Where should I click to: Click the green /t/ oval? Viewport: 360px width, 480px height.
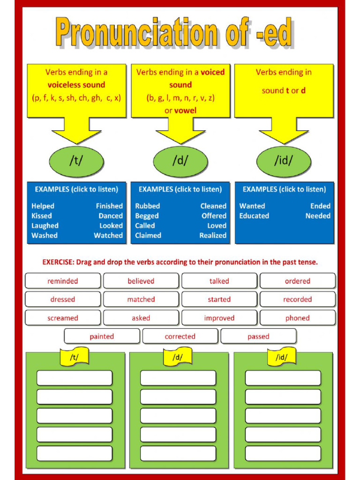pyautogui.click(x=76, y=161)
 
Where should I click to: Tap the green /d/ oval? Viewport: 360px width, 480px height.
pyautogui.click(x=180, y=161)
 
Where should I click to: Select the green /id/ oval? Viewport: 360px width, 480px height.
pyautogui.click(x=283, y=161)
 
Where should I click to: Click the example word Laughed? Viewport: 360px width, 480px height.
pyautogui.click(x=45, y=225)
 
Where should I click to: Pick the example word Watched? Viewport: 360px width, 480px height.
pyautogui.click(x=108, y=235)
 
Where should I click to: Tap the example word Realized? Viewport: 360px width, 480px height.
pyautogui.click(x=213, y=235)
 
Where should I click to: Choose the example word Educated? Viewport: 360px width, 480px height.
pyautogui.click(x=254, y=216)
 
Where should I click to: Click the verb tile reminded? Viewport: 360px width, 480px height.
pyautogui.click(x=63, y=281)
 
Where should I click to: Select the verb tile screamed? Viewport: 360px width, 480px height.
pyautogui.click(x=63, y=318)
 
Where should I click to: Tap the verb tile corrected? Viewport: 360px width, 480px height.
pyautogui.click(x=180, y=336)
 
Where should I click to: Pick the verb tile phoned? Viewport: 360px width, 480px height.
pyautogui.click(x=298, y=318)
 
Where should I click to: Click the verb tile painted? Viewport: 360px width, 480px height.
pyautogui.click(x=102, y=336)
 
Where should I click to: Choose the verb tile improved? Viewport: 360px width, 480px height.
pyautogui.click(x=219, y=318)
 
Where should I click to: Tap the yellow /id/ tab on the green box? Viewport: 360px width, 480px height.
pyautogui.click(x=282, y=357)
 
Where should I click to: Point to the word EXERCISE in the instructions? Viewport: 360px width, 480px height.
pyautogui.click(x=58, y=262)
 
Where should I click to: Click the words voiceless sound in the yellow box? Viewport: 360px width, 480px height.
pyautogui.click(x=76, y=85)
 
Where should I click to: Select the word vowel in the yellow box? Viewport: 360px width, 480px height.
pyautogui.click(x=186, y=111)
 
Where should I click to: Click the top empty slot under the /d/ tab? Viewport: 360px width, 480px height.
pyautogui.click(x=178, y=378)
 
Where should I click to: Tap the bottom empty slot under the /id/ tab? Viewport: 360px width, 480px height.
pyautogui.click(x=283, y=453)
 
